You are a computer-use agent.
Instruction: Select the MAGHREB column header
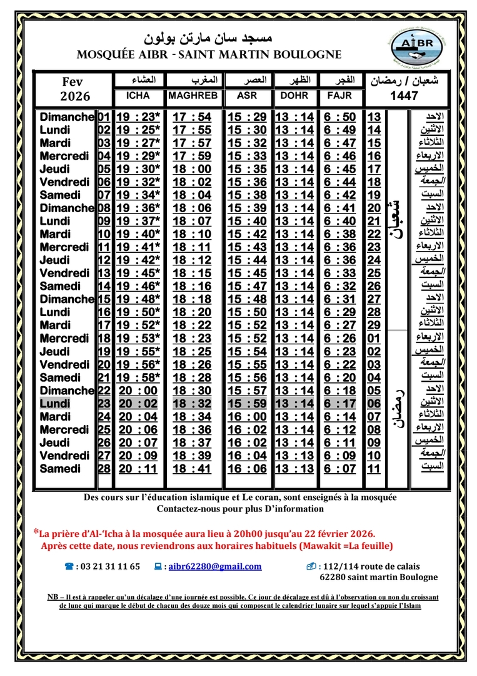click(x=193, y=96)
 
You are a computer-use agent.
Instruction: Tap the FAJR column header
click(x=340, y=96)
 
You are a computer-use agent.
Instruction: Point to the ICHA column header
click(x=138, y=96)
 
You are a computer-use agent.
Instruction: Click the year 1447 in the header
click(x=408, y=96)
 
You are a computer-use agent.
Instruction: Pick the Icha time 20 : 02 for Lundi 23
click(x=138, y=404)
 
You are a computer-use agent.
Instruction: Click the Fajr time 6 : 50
click(x=340, y=117)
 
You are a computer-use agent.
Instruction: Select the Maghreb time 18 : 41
click(x=193, y=469)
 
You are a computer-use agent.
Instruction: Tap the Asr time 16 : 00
click(x=247, y=417)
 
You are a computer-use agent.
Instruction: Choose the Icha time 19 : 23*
click(x=138, y=117)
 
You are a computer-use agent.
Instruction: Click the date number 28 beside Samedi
click(x=104, y=469)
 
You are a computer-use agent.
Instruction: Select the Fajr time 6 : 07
click(x=340, y=469)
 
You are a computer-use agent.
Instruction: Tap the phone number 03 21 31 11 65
click(x=108, y=566)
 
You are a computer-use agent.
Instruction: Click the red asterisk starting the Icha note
click(x=36, y=532)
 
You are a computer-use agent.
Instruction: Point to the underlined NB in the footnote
click(x=53, y=597)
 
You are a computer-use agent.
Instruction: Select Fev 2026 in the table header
click(x=75, y=90)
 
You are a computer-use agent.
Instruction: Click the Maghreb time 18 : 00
click(x=193, y=169)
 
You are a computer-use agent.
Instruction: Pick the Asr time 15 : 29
click(x=247, y=117)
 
